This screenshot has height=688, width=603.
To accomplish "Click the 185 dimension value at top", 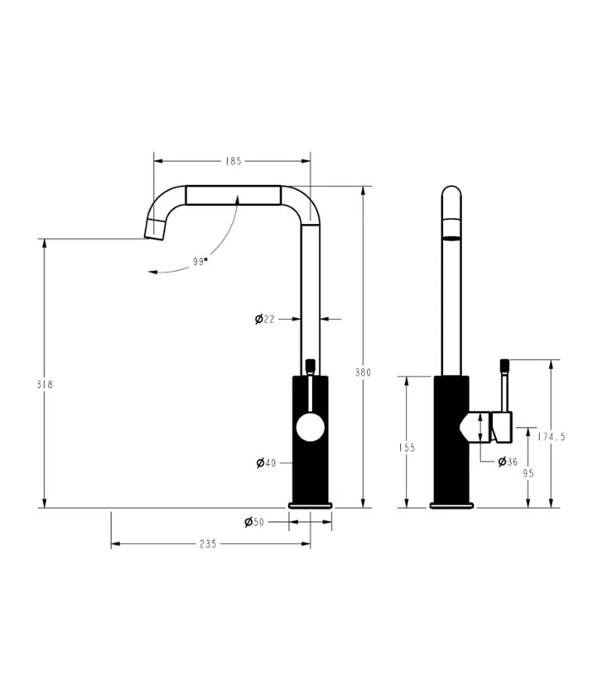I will point(232,161).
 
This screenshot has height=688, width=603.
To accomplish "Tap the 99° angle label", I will point(200,262).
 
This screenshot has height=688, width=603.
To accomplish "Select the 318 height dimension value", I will point(44,384).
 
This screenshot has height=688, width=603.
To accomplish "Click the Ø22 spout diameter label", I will point(265,319).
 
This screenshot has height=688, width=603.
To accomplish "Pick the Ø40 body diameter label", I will point(265,462).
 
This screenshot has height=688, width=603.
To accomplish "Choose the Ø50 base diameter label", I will point(254,522).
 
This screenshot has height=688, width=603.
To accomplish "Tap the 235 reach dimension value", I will point(208,544).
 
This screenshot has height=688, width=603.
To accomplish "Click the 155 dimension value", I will point(406,447).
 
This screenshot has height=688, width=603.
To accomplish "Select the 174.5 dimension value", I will point(551,436).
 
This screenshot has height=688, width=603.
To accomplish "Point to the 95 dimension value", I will point(528,473).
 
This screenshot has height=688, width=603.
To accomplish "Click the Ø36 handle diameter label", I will point(507,462).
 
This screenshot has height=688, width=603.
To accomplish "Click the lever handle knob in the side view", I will point(502,366).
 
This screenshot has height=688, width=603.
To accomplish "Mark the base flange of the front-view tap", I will point(310,504).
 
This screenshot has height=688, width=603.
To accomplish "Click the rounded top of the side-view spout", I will point(451,192).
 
